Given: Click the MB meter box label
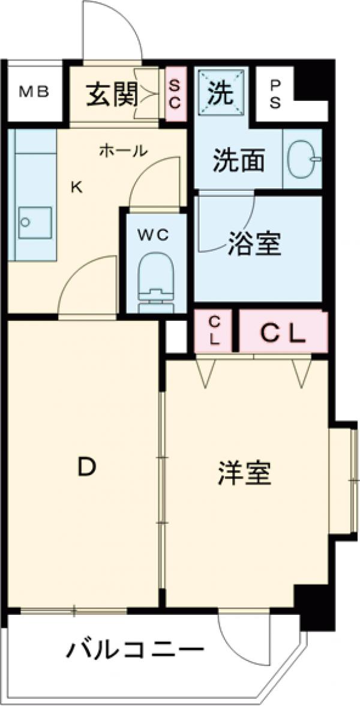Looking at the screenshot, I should [34, 92].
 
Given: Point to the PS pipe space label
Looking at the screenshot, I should [274, 94].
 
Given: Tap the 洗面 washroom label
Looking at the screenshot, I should [239, 160].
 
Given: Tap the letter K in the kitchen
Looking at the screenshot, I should [76, 187].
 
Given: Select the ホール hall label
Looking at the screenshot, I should [122, 151].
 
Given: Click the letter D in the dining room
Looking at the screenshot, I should [86, 466].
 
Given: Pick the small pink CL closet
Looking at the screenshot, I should [214, 332].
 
